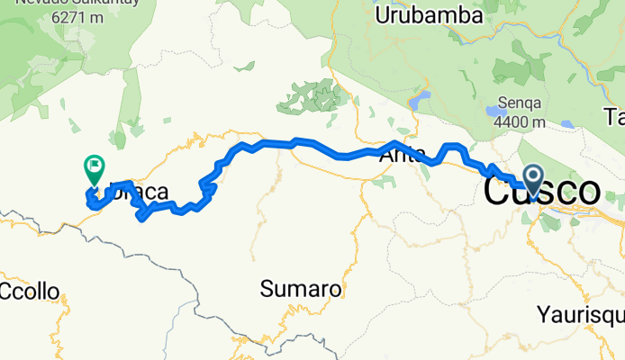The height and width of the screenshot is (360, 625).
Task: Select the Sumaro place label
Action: point(301,290)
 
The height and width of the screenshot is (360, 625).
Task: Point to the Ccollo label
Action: point(30,292)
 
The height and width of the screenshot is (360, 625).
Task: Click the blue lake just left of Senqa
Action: point(495,112)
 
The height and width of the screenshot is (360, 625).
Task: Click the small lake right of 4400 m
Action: point(566,123)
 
